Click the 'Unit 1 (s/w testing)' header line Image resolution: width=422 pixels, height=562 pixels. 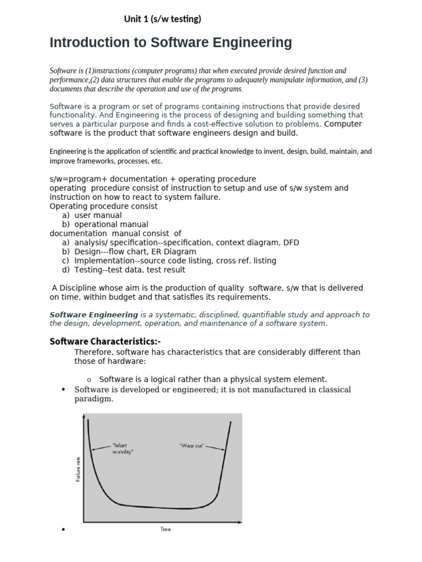tap(163, 20)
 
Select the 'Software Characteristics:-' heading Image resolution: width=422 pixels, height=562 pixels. tap(105, 341)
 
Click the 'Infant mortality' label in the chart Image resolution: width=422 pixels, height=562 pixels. tap(122, 448)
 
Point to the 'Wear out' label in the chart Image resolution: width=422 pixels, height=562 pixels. tap(192, 445)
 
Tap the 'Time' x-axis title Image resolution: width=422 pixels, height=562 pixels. tap(165, 529)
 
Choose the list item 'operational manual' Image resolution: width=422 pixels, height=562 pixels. tap(111, 224)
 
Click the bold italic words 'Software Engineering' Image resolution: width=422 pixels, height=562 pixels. tap(94, 314)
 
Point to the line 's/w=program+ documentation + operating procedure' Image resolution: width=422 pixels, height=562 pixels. tap(153, 179)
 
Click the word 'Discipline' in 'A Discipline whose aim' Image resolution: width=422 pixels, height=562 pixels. tap(79, 288)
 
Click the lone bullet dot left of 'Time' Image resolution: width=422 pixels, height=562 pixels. tap(64, 530)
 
